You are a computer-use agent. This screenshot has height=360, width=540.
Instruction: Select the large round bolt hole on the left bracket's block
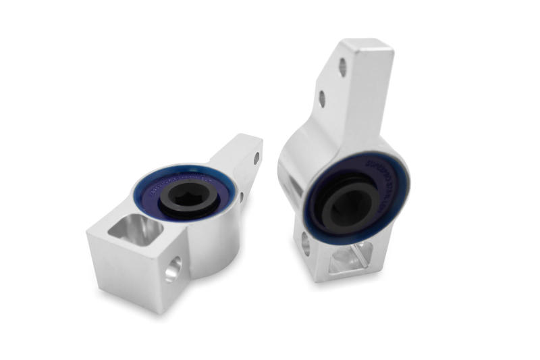(173, 269)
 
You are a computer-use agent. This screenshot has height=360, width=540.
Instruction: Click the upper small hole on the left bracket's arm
(256, 158)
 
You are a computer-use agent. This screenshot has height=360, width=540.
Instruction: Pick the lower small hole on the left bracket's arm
(242, 197)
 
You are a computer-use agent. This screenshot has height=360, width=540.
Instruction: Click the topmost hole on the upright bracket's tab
(343, 67)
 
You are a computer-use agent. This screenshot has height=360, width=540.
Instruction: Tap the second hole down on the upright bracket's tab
(322, 99)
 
